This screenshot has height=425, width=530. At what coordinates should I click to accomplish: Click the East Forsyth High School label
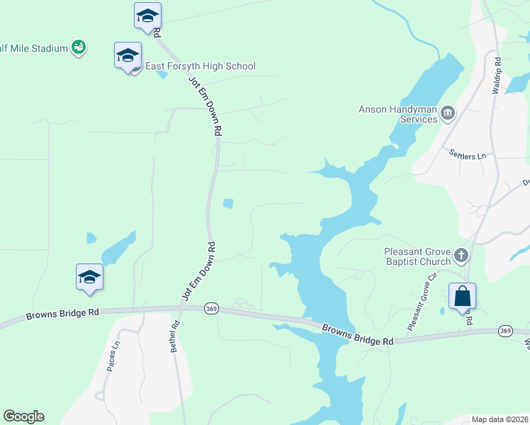200,67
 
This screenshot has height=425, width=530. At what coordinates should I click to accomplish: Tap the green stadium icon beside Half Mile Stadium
79,47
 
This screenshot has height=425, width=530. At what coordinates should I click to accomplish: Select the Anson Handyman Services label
397,114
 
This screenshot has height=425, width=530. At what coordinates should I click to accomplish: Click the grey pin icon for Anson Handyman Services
448,113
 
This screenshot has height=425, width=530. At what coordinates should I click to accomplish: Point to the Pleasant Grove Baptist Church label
417,256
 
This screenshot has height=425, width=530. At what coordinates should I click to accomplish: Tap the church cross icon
461,254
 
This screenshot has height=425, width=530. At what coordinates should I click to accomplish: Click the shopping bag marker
462,296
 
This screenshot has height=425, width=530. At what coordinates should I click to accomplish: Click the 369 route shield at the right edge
505,331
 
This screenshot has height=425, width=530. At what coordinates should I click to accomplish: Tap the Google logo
23,416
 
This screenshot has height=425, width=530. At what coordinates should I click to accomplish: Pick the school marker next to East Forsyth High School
128,56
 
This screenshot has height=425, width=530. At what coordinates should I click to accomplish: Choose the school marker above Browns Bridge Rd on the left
90,277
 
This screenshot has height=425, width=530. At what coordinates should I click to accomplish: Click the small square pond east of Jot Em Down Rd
228,204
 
